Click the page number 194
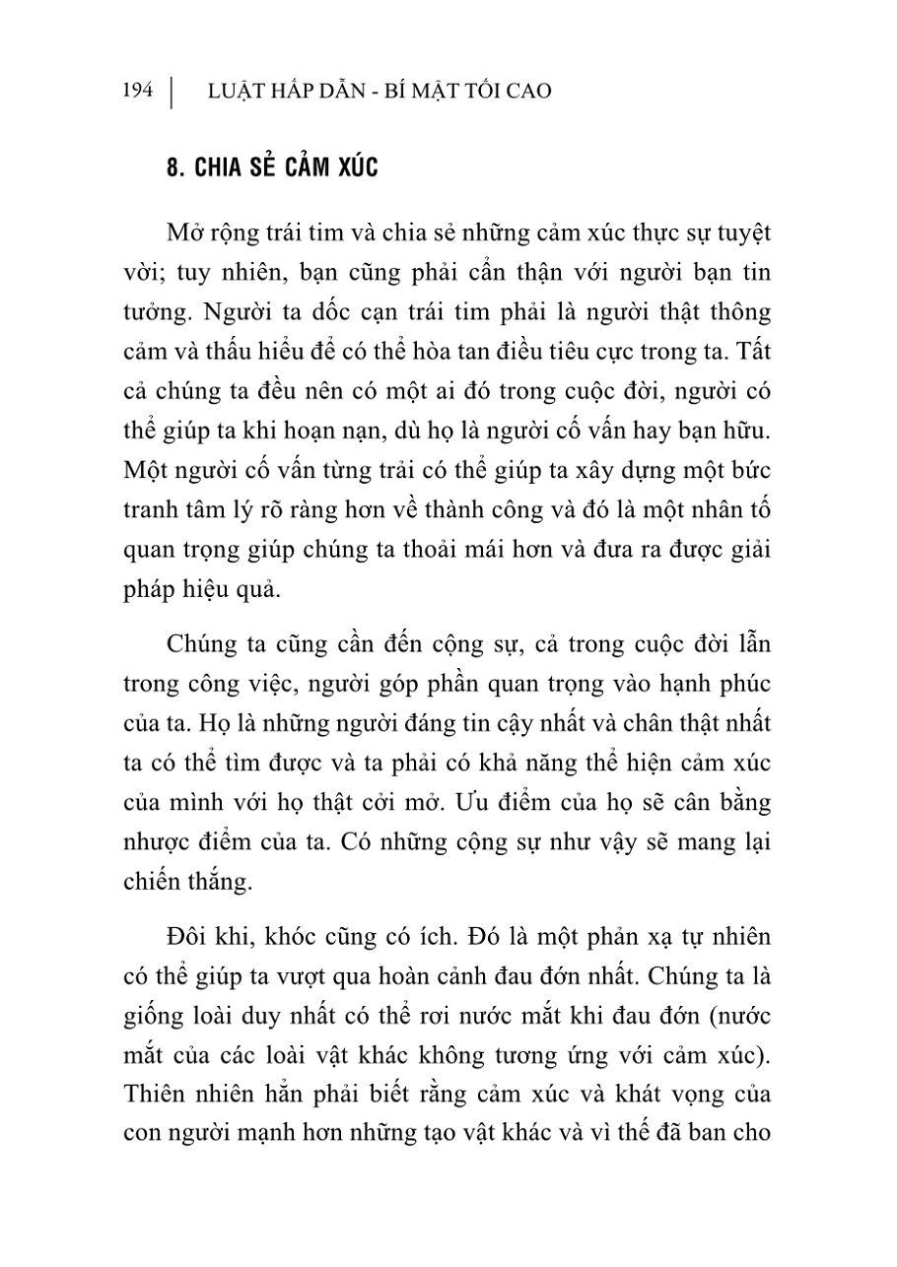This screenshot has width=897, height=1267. (138, 92)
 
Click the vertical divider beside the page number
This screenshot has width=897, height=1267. (172, 92)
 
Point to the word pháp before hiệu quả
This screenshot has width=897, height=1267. (151, 590)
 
